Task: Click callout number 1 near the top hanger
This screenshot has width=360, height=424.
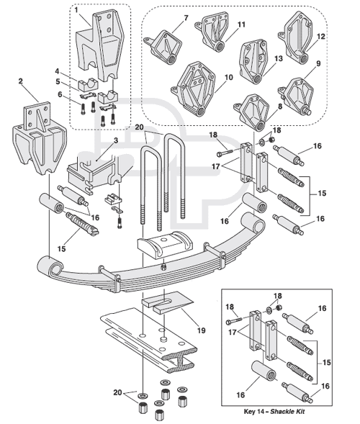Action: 76,11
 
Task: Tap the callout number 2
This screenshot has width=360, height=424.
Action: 21,81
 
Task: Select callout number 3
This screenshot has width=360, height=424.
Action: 116,140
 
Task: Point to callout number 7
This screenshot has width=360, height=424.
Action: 186,18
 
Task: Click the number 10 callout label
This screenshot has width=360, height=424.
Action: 228,78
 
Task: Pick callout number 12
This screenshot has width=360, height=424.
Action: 320,36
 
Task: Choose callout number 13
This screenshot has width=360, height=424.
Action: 278,58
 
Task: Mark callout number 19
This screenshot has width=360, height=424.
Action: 201,330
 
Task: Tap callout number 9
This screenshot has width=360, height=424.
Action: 318,63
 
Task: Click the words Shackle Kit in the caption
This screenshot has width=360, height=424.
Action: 287,412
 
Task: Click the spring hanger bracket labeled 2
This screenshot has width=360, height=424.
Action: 40,138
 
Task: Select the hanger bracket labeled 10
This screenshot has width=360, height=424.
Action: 193,89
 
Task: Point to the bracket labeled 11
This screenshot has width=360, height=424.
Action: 212,31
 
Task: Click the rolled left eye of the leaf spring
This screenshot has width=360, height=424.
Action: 50,266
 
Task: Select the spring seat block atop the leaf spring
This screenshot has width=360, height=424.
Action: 165,244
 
